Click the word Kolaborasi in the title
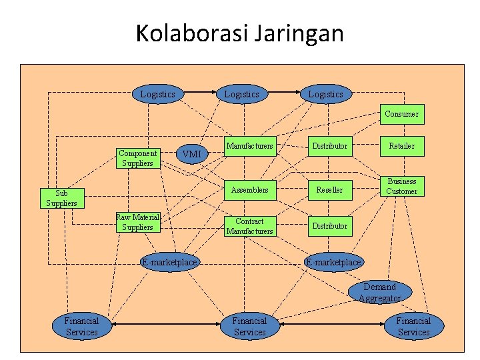[x=191, y=33]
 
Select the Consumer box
[x=401, y=114]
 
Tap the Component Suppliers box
[x=137, y=158]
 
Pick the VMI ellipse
[x=191, y=155]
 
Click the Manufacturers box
[x=249, y=145]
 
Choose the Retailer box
[x=401, y=145]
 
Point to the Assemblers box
[x=249, y=190]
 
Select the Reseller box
[x=329, y=190]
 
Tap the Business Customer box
[x=403, y=186]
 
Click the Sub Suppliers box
[x=61, y=199]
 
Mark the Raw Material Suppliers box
[x=137, y=222]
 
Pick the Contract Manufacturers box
[x=249, y=226]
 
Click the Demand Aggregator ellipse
[x=379, y=293]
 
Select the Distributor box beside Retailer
[x=329, y=145]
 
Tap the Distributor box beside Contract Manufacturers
[x=329, y=226]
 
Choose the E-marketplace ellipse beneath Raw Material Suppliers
[x=169, y=262]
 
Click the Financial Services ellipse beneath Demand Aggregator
[x=413, y=326]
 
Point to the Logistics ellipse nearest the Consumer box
[x=325, y=94]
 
